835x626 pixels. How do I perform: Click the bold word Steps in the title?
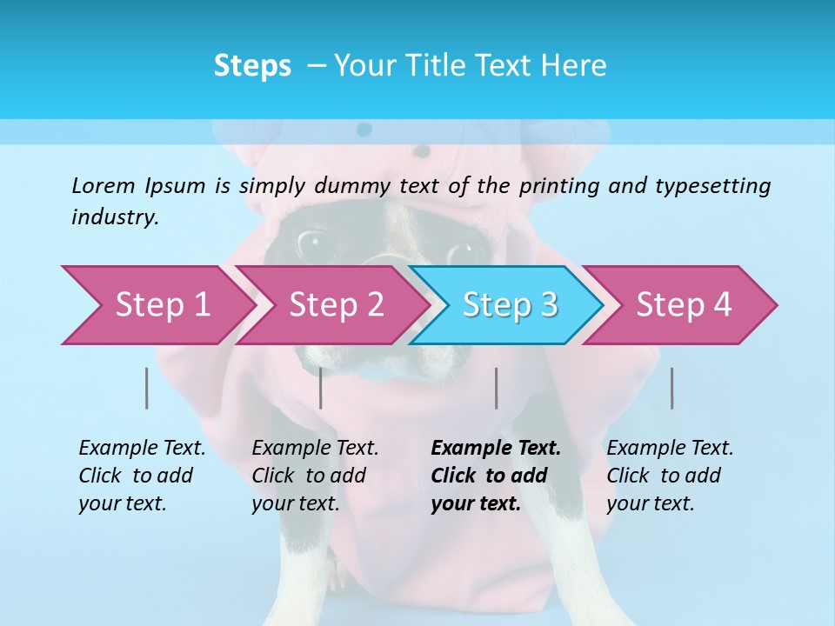tap(252, 66)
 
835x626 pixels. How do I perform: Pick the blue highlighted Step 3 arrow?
tap(510, 304)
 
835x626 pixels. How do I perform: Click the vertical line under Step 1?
tap(147, 388)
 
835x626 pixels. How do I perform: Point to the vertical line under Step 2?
tap(321, 388)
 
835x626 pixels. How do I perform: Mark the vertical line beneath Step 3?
tap(497, 388)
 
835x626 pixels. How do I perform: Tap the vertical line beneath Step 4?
tap(672, 388)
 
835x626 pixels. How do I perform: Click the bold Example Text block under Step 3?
tap(496, 476)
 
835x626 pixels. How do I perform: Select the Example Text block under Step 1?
tap(142, 476)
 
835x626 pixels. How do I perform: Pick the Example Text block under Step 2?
tap(315, 476)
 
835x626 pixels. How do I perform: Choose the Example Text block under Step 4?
tap(670, 476)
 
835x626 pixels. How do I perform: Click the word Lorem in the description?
tap(104, 185)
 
